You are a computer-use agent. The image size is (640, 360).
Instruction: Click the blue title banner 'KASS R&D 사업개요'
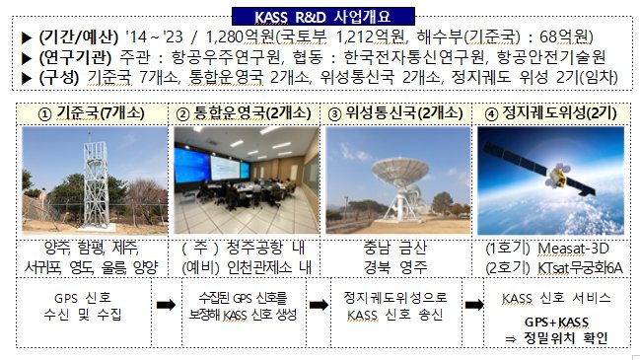(x=323, y=17)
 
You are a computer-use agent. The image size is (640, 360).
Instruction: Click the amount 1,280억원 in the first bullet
(x=240, y=37)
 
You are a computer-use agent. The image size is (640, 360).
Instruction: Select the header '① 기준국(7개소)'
(x=92, y=113)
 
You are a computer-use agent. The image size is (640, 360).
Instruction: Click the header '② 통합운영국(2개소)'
(x=244, y=113)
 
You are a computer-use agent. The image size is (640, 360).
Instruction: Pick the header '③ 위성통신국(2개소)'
(x=395, y=113)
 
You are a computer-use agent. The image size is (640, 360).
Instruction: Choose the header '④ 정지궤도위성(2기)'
(x=550, y=113)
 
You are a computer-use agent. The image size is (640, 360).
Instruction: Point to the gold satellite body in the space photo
(x=557, y=176)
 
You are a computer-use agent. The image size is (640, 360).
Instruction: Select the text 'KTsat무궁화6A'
(x=580, y=268)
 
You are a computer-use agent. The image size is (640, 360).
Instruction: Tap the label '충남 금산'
(x=395, y=248)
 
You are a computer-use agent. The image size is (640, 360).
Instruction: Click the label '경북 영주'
(x=395, y=267)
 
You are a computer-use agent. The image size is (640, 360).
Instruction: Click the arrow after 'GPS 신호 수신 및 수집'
(x=166, y=305)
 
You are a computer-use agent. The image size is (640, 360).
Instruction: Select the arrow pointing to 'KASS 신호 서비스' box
(x=474, y=305)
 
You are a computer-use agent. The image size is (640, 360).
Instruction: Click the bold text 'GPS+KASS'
(x=556, y=323)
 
